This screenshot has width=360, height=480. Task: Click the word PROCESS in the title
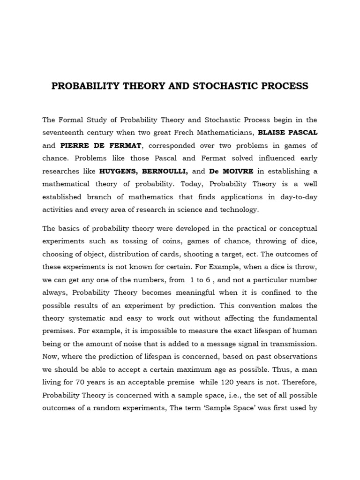click(x=286, y=86)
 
